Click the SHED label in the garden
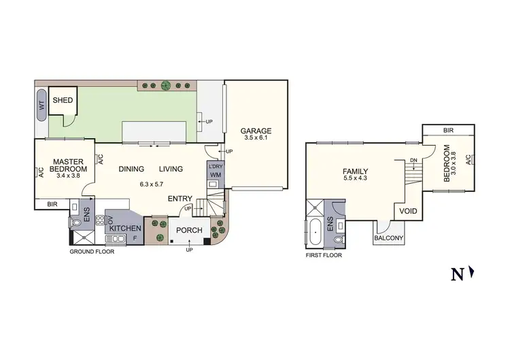pos(63,100)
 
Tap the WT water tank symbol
pos(41,105)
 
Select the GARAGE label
pos(256,131)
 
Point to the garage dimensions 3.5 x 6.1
pos(256,138)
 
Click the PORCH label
pos(188,230)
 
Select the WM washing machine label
pos(216,175)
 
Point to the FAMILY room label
pos(355,171)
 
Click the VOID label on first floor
pos(408,211)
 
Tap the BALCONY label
pos(389,238)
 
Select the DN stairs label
pos(413,161)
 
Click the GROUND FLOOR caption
pos(92,251)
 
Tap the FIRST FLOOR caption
pos(324,255)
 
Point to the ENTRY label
pos(180,199)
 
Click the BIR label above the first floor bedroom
pos(448,129)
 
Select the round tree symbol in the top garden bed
pos(165,85)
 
